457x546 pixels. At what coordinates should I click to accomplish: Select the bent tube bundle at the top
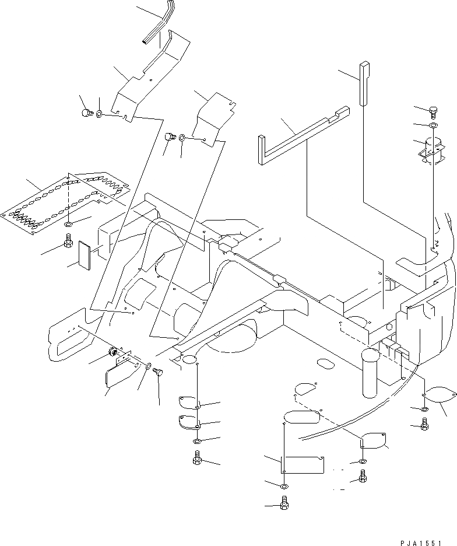[159, 23]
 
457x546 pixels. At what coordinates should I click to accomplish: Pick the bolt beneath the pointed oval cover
[424, 425]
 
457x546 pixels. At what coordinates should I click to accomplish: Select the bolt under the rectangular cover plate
[284, 503]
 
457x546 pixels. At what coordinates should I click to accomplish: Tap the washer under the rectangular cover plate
[283, 487]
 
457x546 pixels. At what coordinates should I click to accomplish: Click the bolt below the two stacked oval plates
[196, 460]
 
